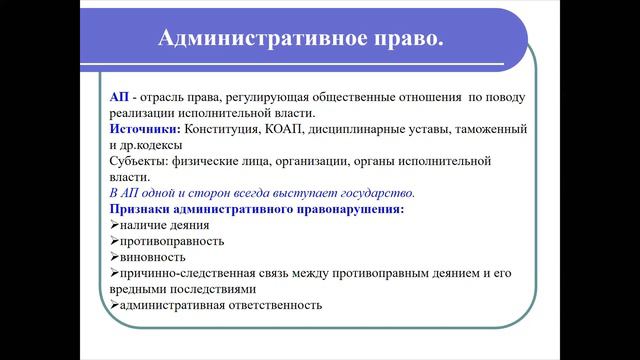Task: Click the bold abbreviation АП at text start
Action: pos(119,98)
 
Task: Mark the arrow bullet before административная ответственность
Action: pos(114,304)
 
